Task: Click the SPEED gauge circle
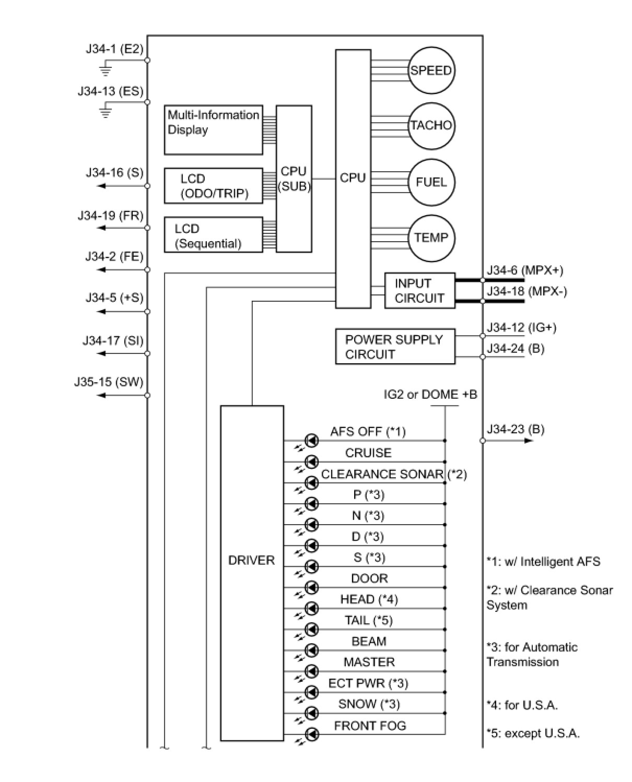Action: pos(431,70)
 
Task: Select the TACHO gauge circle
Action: pos(431,126)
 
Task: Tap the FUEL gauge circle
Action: pos(431,182)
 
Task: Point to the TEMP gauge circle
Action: pos(431,238)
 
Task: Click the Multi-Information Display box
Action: pos(213,130)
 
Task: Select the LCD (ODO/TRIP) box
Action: pos(213,186)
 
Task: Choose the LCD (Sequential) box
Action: pos(213,235)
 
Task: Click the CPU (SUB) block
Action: pos(294,179)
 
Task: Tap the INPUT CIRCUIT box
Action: pos(419,291)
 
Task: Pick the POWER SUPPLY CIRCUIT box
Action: pos(394,347)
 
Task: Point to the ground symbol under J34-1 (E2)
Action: pos(106,68)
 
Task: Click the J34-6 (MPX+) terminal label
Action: pos(524,270)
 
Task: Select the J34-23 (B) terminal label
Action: pos(515,430)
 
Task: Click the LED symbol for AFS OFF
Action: pos(312,441)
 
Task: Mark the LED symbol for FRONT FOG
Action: pos(312,734)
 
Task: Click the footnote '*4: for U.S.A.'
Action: pos(522,705)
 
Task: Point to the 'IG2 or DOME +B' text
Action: pos(430,395)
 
